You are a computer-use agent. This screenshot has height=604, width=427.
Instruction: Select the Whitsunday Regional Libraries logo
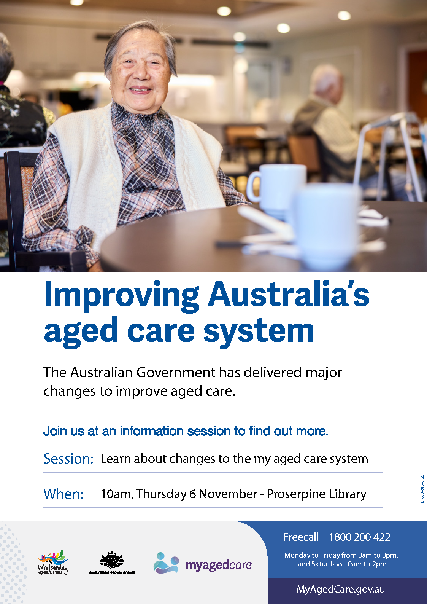(x=53, y=563)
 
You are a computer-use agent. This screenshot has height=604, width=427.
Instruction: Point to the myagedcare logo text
(x=218, y=565)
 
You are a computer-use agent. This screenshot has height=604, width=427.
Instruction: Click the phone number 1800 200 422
(x=359, y=537)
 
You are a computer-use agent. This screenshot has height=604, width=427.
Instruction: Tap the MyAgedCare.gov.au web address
(x=340, y=589)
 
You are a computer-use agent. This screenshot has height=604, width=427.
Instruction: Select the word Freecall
(x=301, y=537)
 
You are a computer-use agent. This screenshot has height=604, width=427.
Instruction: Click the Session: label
(x=68, y=459)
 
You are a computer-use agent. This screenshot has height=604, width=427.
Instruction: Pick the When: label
(x=63, y=494)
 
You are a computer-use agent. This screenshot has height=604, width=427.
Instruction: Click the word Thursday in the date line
(x=161, y=494)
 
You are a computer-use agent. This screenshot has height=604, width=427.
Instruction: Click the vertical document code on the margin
(x=422, y=489)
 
